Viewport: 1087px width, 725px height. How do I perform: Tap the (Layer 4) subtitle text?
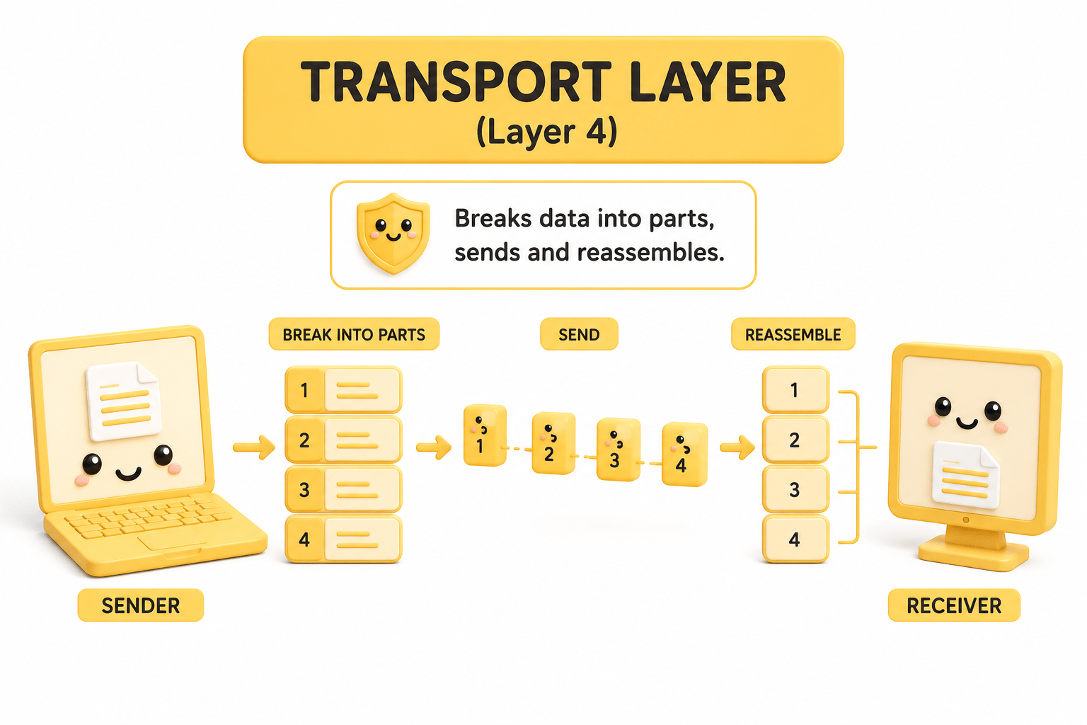coord(547,132)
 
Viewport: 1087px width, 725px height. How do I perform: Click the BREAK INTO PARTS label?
coord(354,335)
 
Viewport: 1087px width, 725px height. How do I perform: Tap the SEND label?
coord(579,335)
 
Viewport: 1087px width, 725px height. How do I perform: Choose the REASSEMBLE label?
coord(793,335)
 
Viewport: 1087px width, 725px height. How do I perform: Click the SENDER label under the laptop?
coord(141,605)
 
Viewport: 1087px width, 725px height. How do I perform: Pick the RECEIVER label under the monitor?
coord(954,605)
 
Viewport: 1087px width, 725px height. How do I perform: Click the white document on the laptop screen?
coord(123,401)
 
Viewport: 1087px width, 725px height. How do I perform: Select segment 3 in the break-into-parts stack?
coord(343,489)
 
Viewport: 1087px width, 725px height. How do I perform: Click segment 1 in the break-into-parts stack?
coord(343,390)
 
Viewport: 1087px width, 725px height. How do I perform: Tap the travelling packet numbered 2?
coord(553,443)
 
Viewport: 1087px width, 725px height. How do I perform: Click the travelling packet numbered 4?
coord(684,455)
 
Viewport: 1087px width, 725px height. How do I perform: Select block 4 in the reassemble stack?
coord(795,539)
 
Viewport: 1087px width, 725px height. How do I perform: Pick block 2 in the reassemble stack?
coord(795,440)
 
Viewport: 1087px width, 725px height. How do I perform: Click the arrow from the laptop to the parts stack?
coord(254,447)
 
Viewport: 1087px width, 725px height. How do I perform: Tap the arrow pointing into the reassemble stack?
coord(737,447)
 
